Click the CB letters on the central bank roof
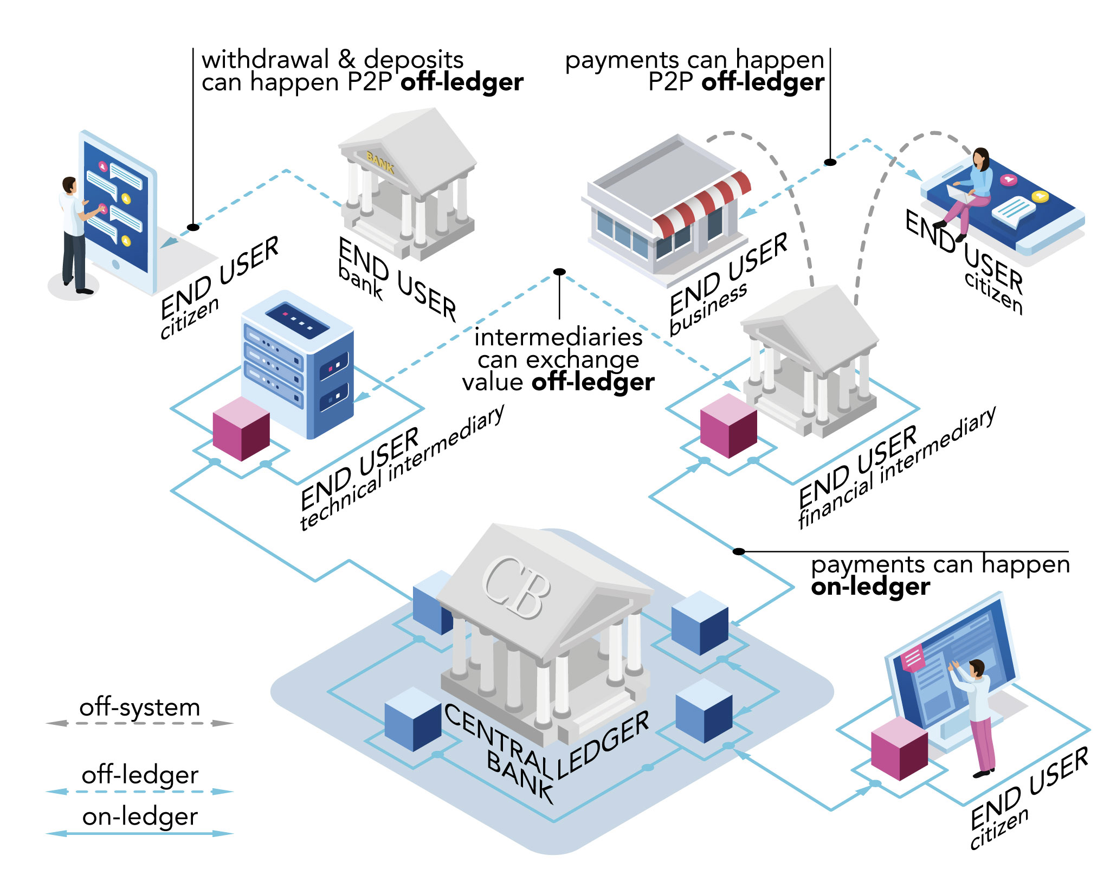point(515,588)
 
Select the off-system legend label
point(140,708)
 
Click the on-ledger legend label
point(140,816)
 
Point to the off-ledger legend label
point(140,775)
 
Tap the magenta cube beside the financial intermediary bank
point(728,426)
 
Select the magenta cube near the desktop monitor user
point(899,748)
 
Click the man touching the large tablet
point(73,233)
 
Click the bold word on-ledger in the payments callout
point(870,587)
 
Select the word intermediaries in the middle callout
point(558,337)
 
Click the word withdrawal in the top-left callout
point(265,60)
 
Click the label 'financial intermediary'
point(897,466)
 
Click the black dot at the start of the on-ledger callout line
point(739,551)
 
